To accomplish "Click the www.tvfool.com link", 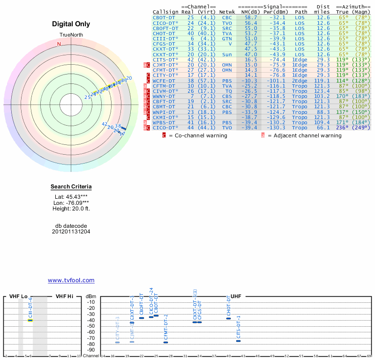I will [71, 280].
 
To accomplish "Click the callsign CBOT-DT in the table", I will [164, 17].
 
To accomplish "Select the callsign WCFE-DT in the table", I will [164, 80].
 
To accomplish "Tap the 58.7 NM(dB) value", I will [250, 17].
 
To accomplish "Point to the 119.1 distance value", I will [323, 80].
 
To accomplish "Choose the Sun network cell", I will [226, 54].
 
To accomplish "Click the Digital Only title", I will [71, 24].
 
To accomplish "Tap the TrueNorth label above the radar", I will [71, 35].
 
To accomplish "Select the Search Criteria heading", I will [71, 187].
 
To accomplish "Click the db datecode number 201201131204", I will [71, 232].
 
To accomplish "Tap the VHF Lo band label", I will [18, 296].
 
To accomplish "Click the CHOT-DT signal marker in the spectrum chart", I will [229, 318].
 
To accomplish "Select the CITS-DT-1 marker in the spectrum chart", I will [238, 341].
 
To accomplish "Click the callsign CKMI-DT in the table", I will [164, 117].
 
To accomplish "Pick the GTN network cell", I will [226, 38].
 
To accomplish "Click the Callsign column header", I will [165, 12].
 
